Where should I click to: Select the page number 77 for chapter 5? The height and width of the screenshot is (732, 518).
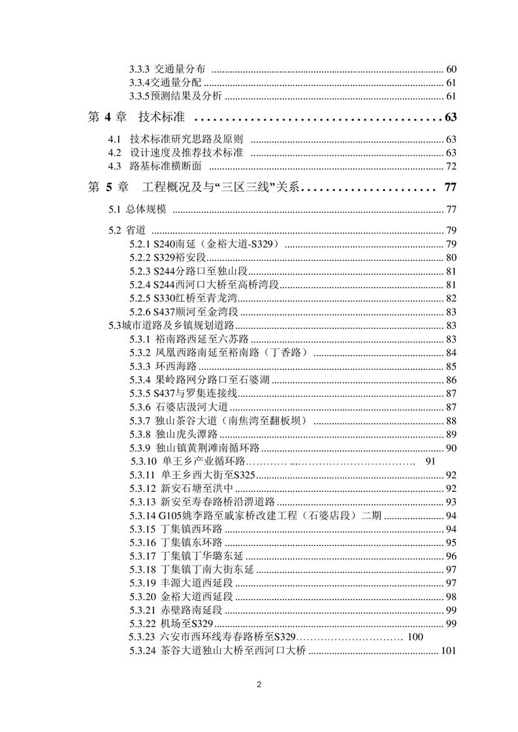point(449,188)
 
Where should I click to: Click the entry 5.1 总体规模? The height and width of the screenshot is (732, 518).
point(137,209)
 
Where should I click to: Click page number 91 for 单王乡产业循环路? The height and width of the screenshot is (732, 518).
point(429,462)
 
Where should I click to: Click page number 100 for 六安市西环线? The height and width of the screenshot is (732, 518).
point(415,637)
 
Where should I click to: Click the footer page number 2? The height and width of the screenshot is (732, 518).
point(259,685)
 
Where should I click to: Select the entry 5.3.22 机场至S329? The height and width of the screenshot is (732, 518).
point(167,624)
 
